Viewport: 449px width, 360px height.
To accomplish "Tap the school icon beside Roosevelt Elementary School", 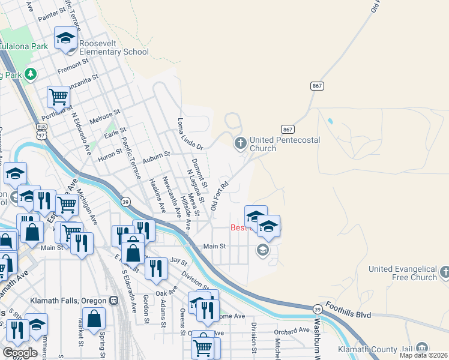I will pos(66,40).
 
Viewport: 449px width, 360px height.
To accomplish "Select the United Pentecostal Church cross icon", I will pos(240,143).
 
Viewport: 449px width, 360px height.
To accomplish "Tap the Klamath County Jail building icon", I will pos(422,348).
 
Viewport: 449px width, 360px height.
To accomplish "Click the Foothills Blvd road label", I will pos(349,314).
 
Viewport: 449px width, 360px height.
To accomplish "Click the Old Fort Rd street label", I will pos(220,196).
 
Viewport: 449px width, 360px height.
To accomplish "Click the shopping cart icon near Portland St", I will pos(58,96).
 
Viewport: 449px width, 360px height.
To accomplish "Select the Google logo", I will pos(20,352).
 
